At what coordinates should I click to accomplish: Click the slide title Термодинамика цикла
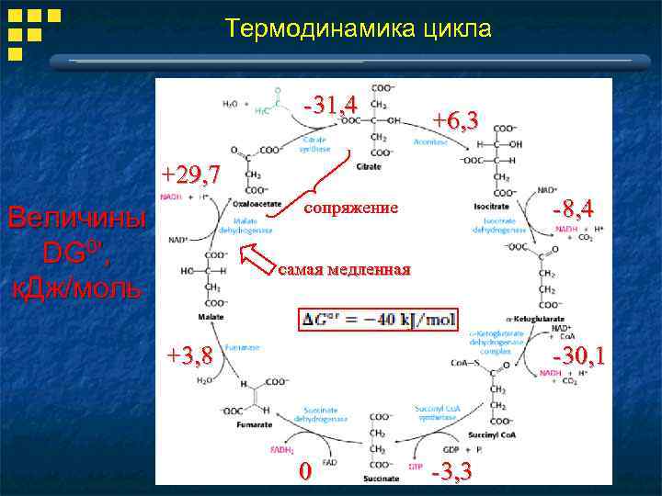point(359,29)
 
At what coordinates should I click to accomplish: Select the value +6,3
point(456,120)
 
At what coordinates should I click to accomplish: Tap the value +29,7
point(191,175)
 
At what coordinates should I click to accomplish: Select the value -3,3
point(451,471)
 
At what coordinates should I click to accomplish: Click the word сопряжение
point(350,209)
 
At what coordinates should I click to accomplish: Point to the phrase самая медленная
point(343,269)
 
